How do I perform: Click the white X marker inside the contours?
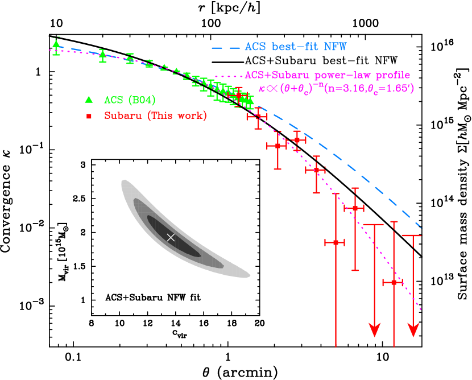[171, 237]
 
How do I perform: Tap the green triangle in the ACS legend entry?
[89, 100]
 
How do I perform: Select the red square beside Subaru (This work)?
[89, 116]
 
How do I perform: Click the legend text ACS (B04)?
[130, 100]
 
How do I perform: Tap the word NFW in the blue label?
[336, 47]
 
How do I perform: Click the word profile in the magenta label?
[393, 75]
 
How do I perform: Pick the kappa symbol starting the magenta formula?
[262, 89]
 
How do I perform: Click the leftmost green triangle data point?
[56, 44]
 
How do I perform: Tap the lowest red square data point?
[394, 282]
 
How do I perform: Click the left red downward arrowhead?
[374, 329]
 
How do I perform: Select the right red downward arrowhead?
[413, 329]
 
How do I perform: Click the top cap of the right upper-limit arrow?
[412, 235]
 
